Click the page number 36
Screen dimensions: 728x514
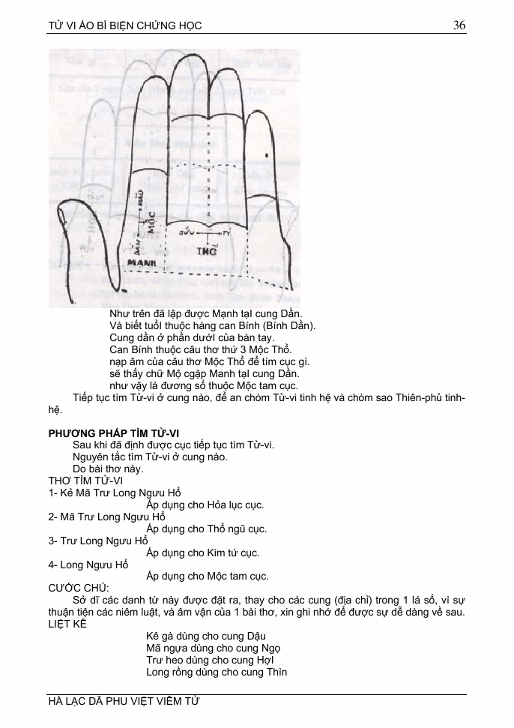[459, 25]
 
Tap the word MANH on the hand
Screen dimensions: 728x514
[141, 263]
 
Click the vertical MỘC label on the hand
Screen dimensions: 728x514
[151, 222]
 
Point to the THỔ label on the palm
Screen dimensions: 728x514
[207, 252]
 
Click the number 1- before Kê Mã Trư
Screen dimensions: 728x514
[53, 493]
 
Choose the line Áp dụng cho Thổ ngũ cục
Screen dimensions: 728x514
[206, 529]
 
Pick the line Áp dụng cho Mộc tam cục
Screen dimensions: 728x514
[207, 577]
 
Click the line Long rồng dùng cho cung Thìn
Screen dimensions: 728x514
[217, 672]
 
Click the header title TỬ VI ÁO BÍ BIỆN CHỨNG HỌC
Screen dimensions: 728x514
[125, 26]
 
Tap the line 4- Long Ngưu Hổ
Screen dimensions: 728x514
[88, 565]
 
